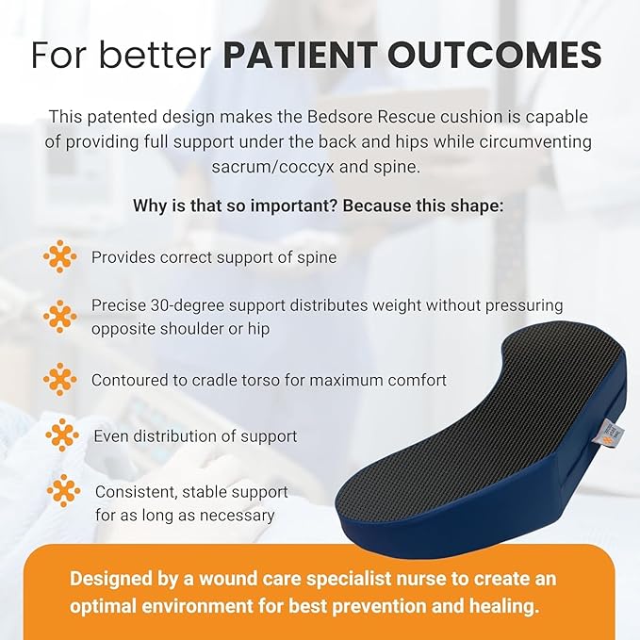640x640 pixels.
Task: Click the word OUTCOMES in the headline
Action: point(504,55)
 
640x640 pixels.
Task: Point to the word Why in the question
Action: point(151,205)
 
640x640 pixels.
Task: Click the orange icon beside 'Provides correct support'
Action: point(60,255)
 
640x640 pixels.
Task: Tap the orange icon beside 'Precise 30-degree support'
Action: point(60,316)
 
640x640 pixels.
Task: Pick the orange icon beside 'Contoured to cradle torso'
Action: point(60,379)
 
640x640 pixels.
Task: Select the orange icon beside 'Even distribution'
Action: point(63,435)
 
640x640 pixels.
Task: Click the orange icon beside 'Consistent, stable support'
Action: point(63,490)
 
